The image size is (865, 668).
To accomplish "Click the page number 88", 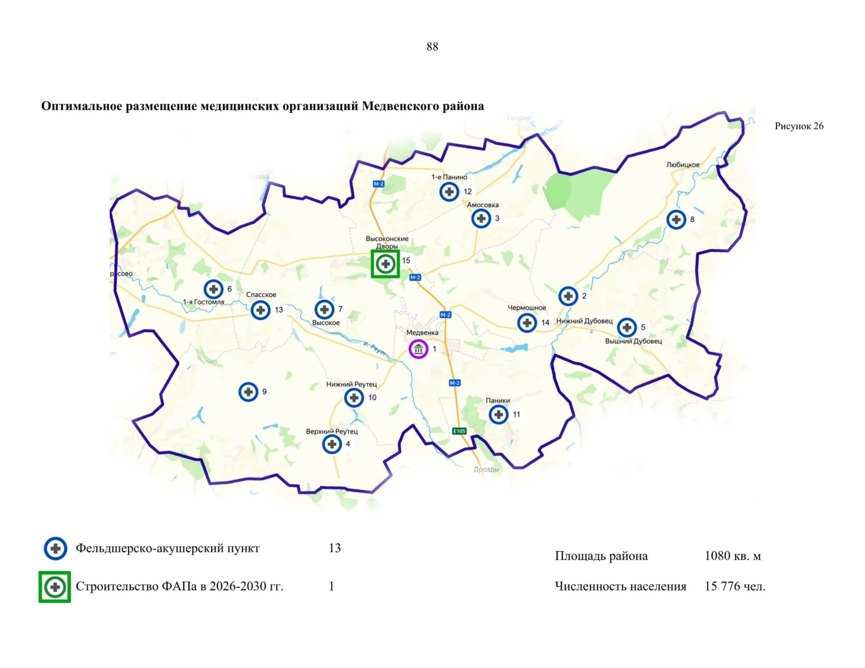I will (432, 47).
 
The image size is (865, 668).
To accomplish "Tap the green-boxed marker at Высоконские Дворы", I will (385, 263).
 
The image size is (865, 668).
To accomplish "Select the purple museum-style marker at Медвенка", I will (418, 349).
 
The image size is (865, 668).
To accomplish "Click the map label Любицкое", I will (682, 165).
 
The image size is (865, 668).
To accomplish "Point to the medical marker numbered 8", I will (676, 219).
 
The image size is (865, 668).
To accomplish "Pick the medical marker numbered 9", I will (248, 392).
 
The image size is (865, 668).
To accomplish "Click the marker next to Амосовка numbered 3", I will (481, 218).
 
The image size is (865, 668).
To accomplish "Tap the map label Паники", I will (497, 400).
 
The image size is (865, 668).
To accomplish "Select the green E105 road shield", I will (459, 431).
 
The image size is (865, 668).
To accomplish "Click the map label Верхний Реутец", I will (332, 431).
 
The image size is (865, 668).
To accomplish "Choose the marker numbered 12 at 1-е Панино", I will (449, 191).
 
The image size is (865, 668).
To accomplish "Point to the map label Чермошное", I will (526, 308).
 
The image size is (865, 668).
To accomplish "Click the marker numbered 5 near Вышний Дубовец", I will (627, 327).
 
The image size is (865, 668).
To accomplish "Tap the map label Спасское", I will (261, 295).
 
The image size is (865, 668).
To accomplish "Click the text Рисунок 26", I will (799, 126).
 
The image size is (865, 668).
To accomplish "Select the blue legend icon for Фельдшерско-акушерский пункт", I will (55, 548).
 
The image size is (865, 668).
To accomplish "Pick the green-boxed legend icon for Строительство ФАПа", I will (55, 587).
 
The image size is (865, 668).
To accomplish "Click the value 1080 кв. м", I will (732, 556).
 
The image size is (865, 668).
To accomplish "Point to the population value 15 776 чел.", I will (735, 587).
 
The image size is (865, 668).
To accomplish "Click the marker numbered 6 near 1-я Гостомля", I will (213, 289).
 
